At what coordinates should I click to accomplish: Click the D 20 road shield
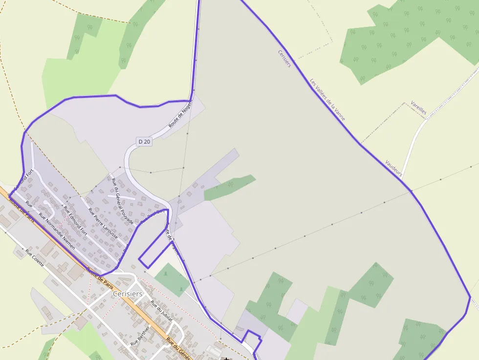(x=144, y=142)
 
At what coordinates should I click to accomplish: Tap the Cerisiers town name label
(x=128, y=294)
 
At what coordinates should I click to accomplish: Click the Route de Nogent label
(x=180, y=114)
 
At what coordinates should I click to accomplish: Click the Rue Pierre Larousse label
(x=103, y=223)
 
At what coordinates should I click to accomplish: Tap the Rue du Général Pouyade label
(x=122, y=201)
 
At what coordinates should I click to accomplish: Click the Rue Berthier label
(x=140, y=337)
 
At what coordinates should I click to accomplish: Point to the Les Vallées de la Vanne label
(x=327, y=100)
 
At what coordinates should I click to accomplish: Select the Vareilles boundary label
(x=419, y=108)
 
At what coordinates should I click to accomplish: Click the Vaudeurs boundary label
(x=393, y=168)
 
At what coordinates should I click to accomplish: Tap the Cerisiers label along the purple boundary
(x=284, y=59)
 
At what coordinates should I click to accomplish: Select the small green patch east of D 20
(x=229, y=187)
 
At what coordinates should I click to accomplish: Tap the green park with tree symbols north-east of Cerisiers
(x=172, y=279)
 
